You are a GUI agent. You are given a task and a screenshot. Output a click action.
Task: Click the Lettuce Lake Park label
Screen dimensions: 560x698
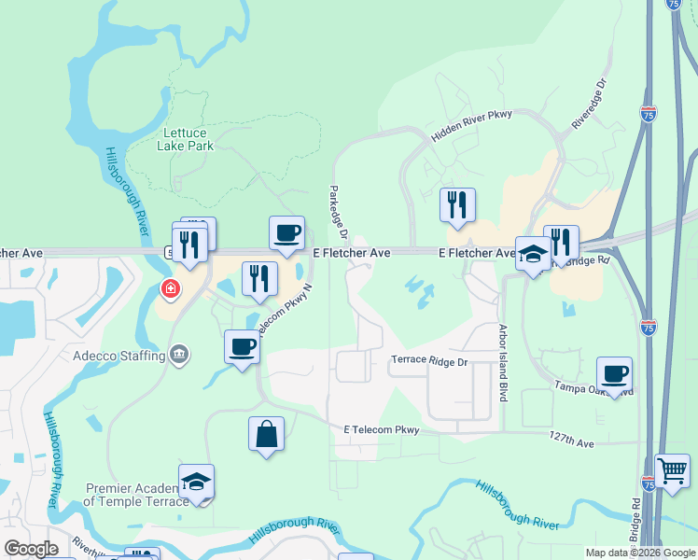[x=188, y=139]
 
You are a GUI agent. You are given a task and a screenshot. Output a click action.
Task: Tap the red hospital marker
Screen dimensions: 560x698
[x=170, y=289]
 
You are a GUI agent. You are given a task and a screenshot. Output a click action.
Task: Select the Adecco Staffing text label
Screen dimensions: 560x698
[x=119, y=356]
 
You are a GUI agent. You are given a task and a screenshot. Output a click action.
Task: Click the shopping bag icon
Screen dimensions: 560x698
[x=266, y=434]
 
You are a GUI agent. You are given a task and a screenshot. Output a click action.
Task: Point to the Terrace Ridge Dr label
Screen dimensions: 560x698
[x=429, y=360]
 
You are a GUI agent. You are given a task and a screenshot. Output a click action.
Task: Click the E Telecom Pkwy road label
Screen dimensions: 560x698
[x=382, y=429]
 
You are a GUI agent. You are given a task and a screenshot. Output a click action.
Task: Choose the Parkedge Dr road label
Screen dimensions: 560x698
[x=336, y=213]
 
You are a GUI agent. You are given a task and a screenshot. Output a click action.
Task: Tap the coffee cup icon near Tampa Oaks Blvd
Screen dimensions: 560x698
[x=614, y=373]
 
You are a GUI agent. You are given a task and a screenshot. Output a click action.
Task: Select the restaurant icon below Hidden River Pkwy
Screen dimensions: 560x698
[x=457, y=204]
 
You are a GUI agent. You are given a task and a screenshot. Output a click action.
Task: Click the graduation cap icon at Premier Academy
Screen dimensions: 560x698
[x=196, y=482]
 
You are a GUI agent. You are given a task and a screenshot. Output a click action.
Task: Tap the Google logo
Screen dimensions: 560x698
[x=32, y=549]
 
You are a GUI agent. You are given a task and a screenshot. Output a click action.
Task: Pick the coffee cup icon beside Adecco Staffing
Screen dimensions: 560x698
[x=242, y=346]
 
